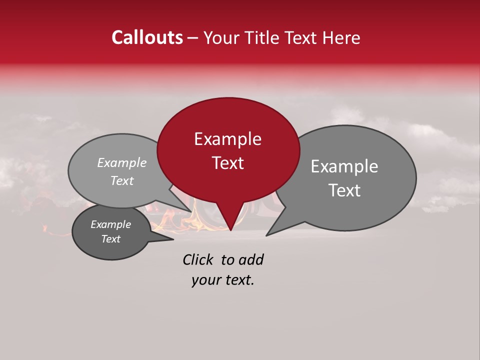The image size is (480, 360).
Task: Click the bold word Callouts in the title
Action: [x=147, y=38]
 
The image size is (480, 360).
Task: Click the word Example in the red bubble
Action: [x=227, y=139]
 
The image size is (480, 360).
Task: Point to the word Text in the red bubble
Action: [x=227, y=163]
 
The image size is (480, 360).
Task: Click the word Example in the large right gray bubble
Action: [x=344, y=166]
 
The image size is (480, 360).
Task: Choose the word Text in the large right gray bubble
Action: [x=344, y=190]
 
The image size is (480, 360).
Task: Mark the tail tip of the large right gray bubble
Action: [x=266, y=235]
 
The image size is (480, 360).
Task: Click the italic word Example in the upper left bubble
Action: [x=122, y=163]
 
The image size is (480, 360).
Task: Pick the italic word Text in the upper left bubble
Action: [x=122, y=181]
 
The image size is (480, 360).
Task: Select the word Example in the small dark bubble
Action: [x=110, y=224]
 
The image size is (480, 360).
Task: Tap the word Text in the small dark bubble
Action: [x=110, y=239]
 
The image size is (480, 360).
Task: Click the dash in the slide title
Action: [x=193, y=38]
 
